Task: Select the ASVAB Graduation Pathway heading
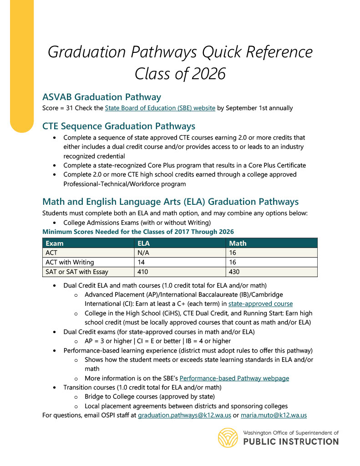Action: pyautogui.click(x=101, y=97)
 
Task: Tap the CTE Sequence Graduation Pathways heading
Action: pyautogui.click(x=118, y=126)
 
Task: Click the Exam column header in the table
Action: pyautogui.click(x=55, y=243)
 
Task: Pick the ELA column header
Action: pyautogui.click(x=143, y=243)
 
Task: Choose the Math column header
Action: pyautogui.click(x=238, y=243)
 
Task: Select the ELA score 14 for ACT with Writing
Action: pyautogui.click(x=141, y=262)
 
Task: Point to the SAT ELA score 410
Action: pyautogui.click(x=142, y=272)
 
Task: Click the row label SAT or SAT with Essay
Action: pyautogui.click(x=77, y=272)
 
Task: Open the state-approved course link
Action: pyautogui.click(x=260, y=304)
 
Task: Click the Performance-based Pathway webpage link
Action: pyautogui.click(x=234, y=378)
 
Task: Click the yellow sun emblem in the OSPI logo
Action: pyautogui.click(x=228, y=438)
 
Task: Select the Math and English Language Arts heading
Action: pyautogui.click(x=170, y=202)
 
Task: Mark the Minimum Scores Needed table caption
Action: pyautogui.click(x=138, y=232)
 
